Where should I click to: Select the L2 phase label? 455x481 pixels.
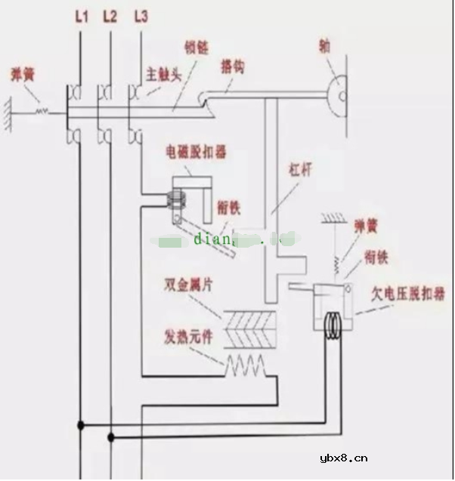110,15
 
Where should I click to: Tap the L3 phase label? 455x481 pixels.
140,15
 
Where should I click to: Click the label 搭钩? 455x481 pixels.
233,66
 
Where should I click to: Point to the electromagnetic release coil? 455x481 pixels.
177,199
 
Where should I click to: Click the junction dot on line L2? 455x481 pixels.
111,436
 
